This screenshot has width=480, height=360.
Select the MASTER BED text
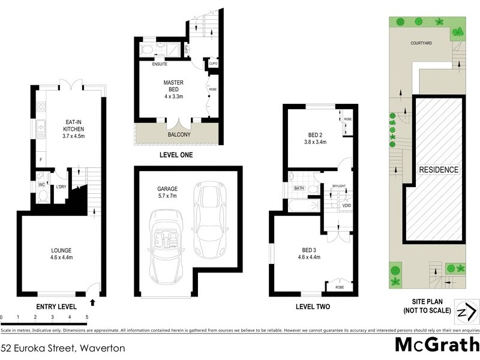pos(173,86)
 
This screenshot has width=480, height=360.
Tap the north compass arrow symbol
pos(465,311)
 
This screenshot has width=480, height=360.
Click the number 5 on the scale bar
pos(87,316)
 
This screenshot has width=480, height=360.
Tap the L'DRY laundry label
pos(61,187)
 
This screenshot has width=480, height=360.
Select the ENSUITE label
pos(159,64)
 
